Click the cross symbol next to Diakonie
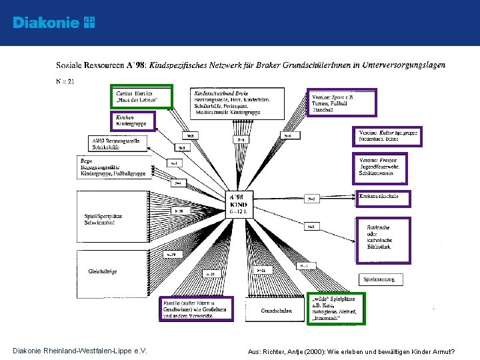[89, 23]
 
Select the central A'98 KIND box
[239, 203]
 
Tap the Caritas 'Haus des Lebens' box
[142, 96]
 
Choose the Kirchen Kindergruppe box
[134, 120]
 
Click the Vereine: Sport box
[342, 103]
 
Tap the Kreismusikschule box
[383, 198]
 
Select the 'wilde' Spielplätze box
[337, 308]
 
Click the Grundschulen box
[276, 311]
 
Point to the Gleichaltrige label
[103, 271]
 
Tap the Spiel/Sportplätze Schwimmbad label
[103, 219]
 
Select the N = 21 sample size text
[65, 81]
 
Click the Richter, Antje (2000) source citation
[351, 351]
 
